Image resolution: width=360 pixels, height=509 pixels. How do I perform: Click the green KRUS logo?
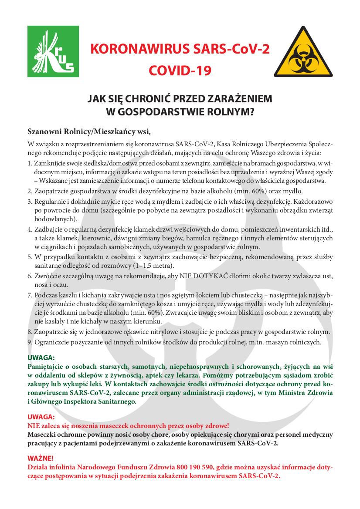[53, 51]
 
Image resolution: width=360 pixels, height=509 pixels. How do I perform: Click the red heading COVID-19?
[180, 70]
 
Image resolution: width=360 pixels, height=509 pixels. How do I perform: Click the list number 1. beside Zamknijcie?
[30, 163]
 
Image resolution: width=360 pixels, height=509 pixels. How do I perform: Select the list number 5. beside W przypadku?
[30, 257]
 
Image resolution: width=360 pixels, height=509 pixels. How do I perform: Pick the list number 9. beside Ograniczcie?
[30, 342]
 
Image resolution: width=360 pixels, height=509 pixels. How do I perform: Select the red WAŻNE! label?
[41, 458]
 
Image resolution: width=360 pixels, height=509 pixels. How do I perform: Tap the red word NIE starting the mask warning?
[33, 425]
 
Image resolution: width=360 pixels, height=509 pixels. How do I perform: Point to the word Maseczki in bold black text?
[41, 434]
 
